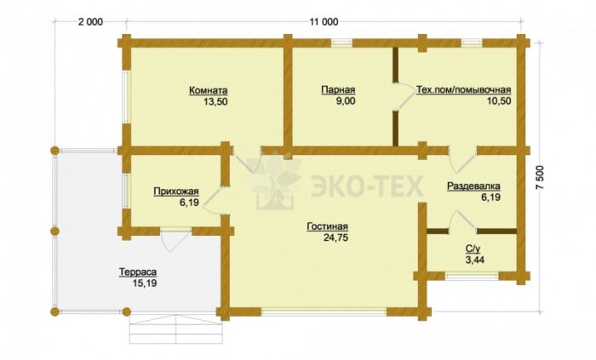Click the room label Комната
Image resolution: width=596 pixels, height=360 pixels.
coord(209,91)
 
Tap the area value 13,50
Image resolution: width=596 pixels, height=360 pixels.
coord(216,101)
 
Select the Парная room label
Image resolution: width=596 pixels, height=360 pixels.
coord(338,90)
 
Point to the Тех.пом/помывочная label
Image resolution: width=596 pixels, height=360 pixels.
coord(464,90)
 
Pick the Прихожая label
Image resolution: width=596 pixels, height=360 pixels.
coord(176,191)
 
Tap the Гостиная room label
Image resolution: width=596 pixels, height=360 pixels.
coord(327,226)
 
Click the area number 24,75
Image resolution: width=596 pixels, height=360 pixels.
coord(336,237)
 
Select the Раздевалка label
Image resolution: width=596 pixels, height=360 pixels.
coord(473,186)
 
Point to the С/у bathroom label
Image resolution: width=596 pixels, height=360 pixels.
coord(473,249)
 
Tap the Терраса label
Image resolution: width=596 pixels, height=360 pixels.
coord(138,272)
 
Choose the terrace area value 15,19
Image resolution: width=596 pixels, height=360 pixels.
coord(145,283)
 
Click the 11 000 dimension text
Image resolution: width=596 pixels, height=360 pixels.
coord(324,22)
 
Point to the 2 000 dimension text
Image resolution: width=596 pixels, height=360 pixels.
coord(90,22)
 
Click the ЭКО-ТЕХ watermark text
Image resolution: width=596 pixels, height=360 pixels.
coord(367,186)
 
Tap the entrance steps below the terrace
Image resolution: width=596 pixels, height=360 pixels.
coord(176,329)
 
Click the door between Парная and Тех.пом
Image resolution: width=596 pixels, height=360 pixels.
coord(404,97)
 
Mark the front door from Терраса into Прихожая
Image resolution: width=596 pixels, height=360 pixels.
coord(175,240)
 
